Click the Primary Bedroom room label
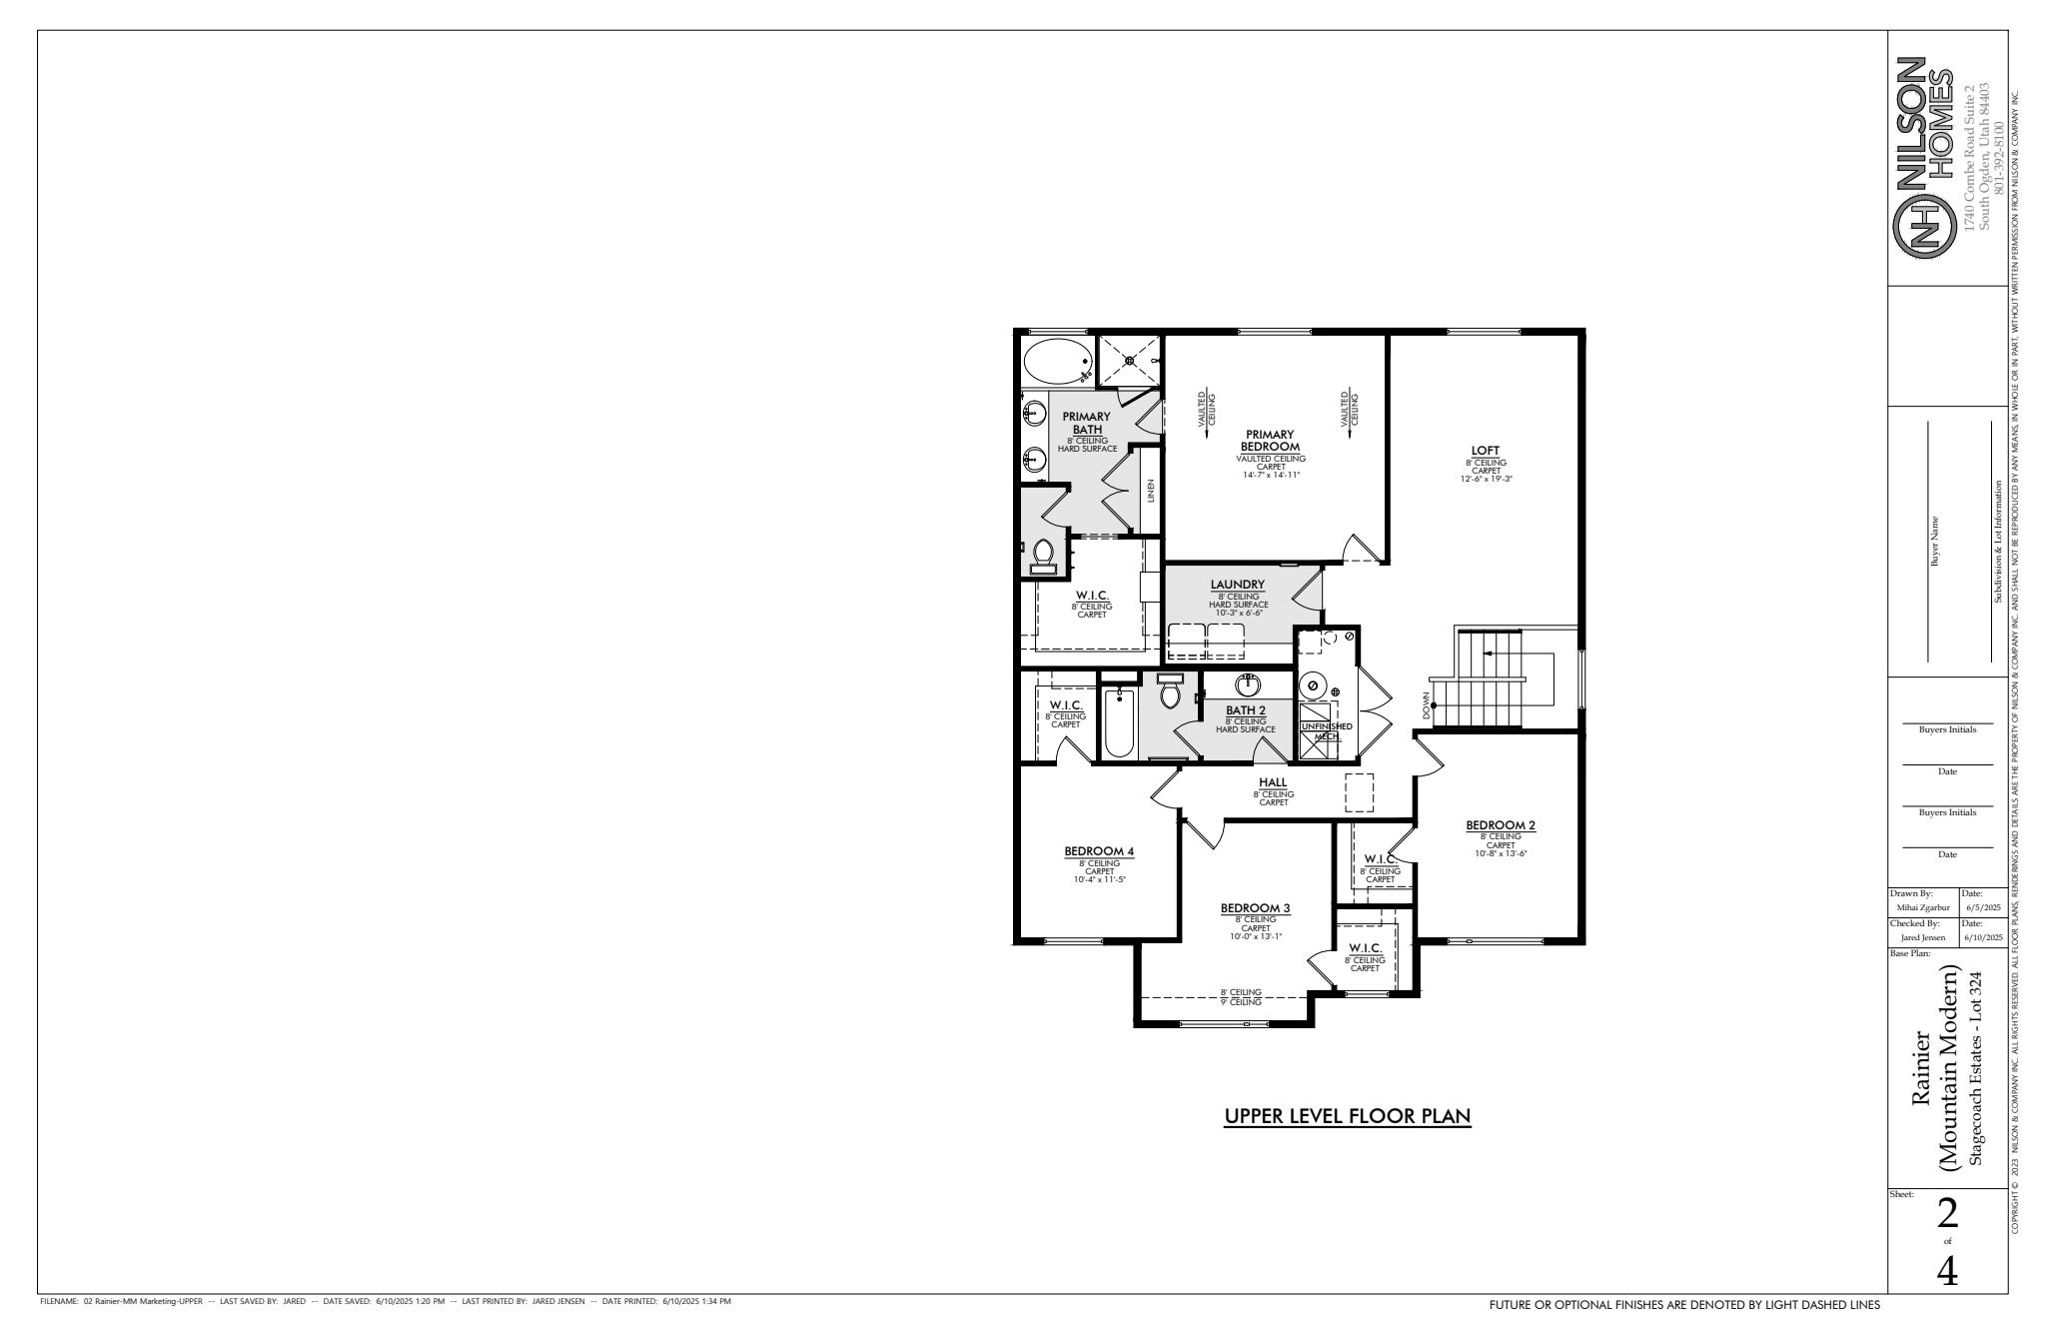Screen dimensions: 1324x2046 pyautogui.click(x=1270, y=441)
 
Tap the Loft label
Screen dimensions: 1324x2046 pyautogui.click(x=1485, y=450)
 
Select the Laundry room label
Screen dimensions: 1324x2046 pyautogui.click(x=1238, y=585)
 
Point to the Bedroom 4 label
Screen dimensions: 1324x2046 pyautogui.click(x=1099, y=851)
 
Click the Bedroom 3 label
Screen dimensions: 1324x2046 pyautogui.click(x=1256, y=908)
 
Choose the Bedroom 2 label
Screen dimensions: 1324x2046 pyautogui.click(x=1501, y=825)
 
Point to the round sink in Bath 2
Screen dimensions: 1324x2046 pyautogui.click(x=1248, y=685)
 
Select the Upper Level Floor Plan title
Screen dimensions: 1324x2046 pyautogui.click(x=1348, y=1116)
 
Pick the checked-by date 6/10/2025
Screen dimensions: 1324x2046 pyautogui.click(x=1983, y=938)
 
